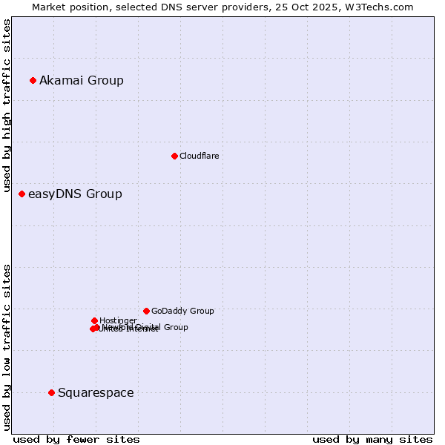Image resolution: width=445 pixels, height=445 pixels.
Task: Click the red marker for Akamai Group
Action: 33,80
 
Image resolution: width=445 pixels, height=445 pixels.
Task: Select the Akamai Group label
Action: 82,80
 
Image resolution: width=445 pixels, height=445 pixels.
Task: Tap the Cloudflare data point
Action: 174,156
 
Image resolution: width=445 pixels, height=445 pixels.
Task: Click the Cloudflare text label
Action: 199,156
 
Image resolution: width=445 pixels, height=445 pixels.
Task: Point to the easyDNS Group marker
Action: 22,194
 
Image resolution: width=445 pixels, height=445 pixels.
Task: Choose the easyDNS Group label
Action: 75,194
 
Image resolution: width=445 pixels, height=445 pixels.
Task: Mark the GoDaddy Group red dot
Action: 146,311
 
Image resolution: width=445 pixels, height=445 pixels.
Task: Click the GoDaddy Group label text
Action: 182,311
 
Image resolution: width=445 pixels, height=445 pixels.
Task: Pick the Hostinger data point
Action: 94,320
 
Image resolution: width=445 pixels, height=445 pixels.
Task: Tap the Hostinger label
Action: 118,320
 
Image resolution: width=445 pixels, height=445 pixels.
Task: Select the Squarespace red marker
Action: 51,392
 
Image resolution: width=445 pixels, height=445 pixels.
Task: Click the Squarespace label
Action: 96,393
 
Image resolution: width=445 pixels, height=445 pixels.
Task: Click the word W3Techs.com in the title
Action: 383,7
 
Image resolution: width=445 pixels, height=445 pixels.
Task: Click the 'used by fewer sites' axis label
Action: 76,440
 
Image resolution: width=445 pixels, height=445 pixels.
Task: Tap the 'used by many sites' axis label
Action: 372,440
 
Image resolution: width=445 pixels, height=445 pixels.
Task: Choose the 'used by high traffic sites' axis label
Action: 7,106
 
